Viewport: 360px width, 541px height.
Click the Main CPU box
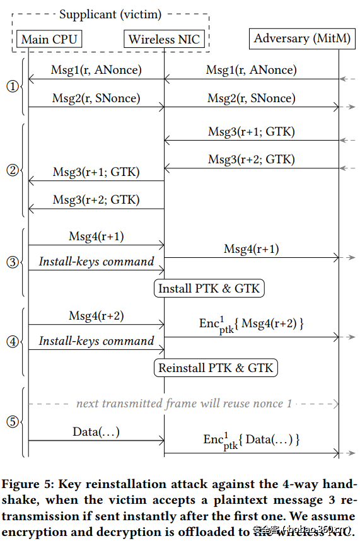coord(49,40)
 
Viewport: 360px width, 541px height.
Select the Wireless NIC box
coord(164,40)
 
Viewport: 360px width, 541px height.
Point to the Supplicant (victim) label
coord(110,14)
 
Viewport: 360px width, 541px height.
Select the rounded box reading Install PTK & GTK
coord(209,289)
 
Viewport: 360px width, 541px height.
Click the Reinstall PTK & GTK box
coord(216,368)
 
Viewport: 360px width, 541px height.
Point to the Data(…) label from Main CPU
coord(96,431)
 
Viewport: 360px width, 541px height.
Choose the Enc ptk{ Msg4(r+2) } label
coord(252,325)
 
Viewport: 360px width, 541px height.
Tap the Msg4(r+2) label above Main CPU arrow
coord(96,316)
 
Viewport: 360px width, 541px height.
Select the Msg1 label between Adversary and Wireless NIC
coord(251,70)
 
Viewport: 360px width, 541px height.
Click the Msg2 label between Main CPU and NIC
coord(96,98)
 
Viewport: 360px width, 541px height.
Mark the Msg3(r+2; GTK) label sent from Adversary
coord(251,160)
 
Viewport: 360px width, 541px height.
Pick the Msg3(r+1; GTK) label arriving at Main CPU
coord(96,172)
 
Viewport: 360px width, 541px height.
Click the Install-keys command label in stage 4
coord(96,341)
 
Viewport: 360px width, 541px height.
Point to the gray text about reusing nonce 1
coord(183,403)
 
